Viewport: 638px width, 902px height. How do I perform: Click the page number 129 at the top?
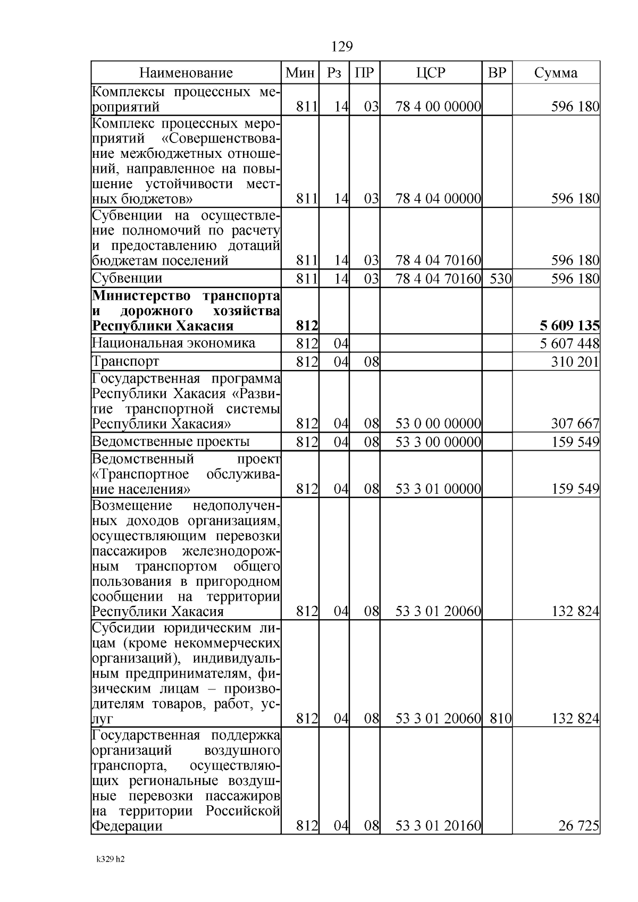[x=342, y=47]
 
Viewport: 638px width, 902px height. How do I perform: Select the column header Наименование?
[x=186, y=73]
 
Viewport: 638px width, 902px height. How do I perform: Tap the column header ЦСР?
[x=431, y=73]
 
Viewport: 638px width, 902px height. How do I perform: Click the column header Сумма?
[x=556, y=73]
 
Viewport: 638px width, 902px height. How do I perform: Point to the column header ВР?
[x=497, y=73]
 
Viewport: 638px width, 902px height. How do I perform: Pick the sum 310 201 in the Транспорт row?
[x=576, y=362]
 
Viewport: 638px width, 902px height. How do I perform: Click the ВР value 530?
[x=500, y=279]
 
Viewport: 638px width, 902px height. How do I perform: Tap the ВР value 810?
[x=500, y=719]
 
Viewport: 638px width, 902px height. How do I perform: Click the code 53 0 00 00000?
[x=439, y=424]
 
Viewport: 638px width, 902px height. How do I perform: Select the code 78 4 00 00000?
[x=439, y=107]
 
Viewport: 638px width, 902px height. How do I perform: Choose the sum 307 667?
[x=576, y=424]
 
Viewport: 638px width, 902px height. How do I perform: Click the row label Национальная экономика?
[x=173, y=343]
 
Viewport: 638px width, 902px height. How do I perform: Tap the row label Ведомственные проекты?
[x=171, y=442]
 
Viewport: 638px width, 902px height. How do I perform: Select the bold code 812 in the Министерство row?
[x=307, y=325]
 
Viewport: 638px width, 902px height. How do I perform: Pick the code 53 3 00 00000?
[x=439, y=442]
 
